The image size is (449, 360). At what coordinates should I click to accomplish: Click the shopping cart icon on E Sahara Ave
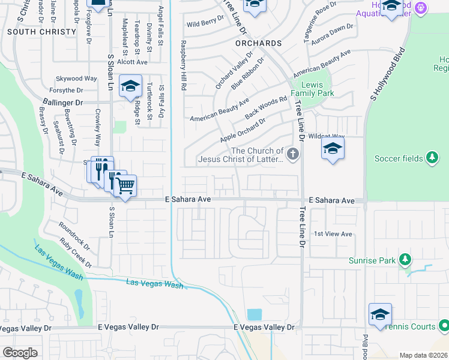(125, 186)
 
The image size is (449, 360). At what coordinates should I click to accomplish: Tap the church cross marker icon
(293, 155)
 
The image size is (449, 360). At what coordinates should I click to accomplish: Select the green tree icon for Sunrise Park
(405, 260)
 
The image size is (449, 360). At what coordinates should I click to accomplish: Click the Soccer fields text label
(399, 158)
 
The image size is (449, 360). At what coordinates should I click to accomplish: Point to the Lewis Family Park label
(312, 89)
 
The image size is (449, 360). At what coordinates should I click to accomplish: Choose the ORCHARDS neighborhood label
(258, 44)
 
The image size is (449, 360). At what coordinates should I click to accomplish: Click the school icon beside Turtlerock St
(130, 86)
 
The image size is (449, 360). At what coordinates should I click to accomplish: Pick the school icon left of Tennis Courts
(380, 315)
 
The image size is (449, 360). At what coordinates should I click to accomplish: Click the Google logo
(20, 353)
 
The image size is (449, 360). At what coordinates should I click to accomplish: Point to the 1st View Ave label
(333, 234)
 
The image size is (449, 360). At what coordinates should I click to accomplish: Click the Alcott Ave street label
(132, 62)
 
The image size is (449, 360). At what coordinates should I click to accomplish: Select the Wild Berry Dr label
(205, 24)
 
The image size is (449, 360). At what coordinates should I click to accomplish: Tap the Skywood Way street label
(76, 79)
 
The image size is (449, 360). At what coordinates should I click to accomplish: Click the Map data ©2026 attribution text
(423, 355)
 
